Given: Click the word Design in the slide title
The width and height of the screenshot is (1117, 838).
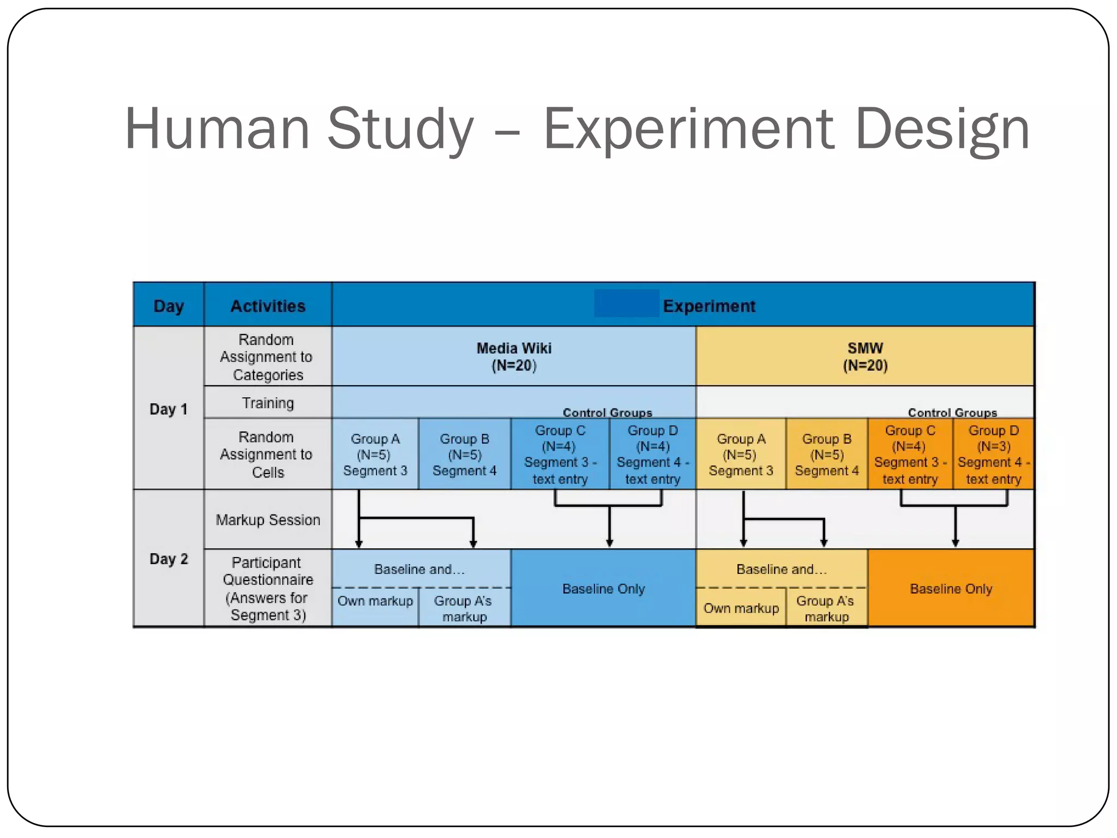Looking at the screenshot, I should (x=942, y=130).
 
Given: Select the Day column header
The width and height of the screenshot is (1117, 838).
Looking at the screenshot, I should (x=169, y=306).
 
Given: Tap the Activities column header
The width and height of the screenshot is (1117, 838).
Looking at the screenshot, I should (x=268, y=306).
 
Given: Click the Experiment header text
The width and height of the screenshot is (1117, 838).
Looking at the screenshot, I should (x=709, y=306).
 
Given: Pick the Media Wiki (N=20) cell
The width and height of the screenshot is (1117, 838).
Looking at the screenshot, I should (x=514, y=357).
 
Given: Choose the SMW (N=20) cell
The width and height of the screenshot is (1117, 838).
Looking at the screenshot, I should (x=865, y=357).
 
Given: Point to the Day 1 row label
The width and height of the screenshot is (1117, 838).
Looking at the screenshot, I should (x=169, y=409).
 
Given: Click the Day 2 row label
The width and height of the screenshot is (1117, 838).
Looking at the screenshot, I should (x=169, y=559).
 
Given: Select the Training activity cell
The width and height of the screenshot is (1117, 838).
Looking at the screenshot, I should (x=268, y=403).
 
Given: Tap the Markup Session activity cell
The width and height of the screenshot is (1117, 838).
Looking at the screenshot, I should (x=268, y=519).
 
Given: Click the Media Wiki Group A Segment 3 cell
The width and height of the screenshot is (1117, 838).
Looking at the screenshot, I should (x=375, y=454).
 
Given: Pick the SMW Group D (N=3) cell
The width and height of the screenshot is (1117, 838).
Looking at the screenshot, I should (x=993, y=454).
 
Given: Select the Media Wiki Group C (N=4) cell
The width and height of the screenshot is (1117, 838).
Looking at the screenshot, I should (x=560, y=454).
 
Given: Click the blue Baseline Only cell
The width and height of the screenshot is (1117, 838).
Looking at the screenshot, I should (x=603, y=589).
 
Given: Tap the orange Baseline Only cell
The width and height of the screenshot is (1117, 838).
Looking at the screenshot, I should (x=951, y=589).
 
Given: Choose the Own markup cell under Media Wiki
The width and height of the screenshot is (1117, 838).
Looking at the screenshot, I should (x=375, y=601).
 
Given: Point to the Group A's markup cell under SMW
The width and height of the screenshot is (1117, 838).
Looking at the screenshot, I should (x=826, y=608).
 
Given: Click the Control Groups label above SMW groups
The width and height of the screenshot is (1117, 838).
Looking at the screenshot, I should (x=952, y=412).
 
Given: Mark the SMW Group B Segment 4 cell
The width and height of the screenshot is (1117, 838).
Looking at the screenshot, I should (x=827, y=454).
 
